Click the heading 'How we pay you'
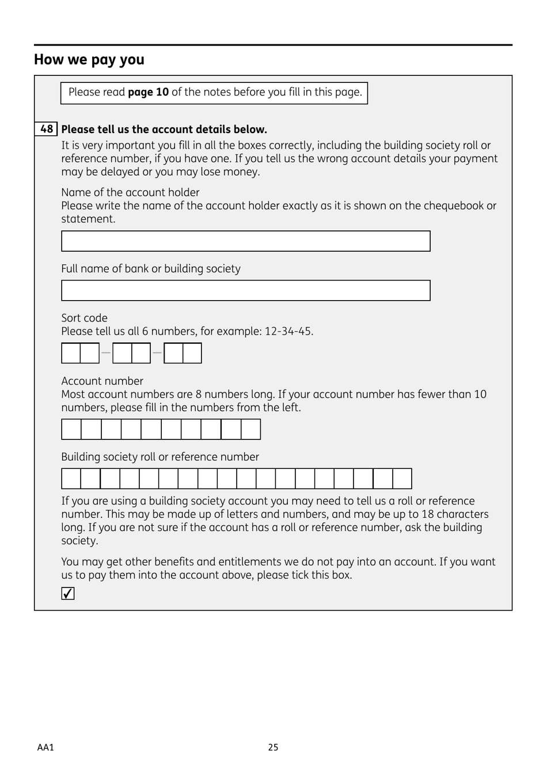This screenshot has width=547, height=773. coord(89,60)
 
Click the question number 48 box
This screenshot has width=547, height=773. coord(46,129)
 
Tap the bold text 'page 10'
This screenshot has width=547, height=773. coord(148,92)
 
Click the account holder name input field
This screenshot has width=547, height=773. coord(245,241)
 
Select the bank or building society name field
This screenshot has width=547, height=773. coord(245,291)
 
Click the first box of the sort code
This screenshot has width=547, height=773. coord(71,353)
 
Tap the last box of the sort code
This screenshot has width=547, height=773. coord(192,353)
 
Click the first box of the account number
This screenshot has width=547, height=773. coord(71,430)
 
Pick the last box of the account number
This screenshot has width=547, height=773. coord(250,430)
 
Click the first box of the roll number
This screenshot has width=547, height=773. coord(71,479)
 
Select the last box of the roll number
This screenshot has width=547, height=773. coord(402,479)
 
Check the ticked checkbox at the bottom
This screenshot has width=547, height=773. coord(68,593)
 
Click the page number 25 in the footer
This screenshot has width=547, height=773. coord(273,747)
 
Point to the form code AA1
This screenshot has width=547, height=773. coord(45,747)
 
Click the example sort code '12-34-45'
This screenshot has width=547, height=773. coord(288,331)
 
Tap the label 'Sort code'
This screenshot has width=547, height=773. coord(84,318)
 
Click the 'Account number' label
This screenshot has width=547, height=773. coord(102,381)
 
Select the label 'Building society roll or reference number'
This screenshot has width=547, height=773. coord(160,457)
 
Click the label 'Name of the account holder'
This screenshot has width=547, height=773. coord(130,192)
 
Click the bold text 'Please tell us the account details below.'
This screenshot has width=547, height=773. coord(164,130)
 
